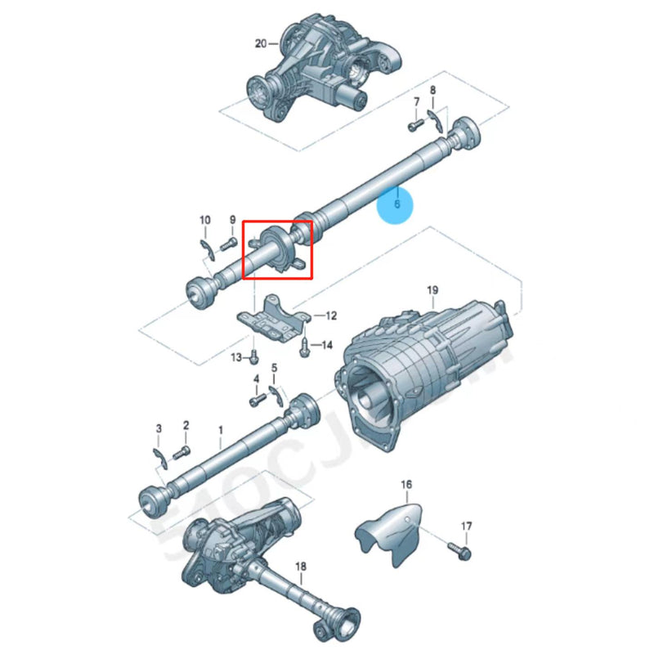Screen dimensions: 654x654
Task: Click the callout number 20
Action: (x=261, y=43)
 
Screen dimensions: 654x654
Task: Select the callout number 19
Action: (x=432, y=290)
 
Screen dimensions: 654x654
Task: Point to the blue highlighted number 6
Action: (x=396, y=204)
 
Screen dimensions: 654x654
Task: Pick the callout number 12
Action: (x=331, y=315)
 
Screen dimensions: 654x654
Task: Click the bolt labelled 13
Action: (x=254, y=354)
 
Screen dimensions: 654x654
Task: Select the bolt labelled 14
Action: (x=305, y=346)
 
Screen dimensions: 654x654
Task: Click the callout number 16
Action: (x=406, y=486)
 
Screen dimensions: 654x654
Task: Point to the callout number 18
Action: (x=300, y=566)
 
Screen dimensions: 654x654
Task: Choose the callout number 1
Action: (x=220, y=428)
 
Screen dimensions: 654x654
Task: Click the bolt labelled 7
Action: (x=414, y=125)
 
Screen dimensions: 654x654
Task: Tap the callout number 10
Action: (x=205, y=220)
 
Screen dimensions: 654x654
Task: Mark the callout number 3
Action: (x=159, y=428)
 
